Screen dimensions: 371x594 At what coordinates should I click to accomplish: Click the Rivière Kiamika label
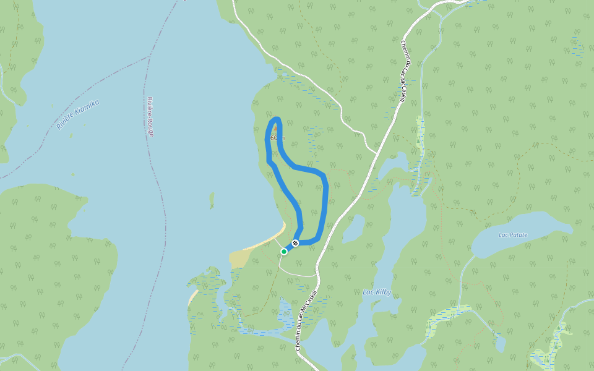point(78,114)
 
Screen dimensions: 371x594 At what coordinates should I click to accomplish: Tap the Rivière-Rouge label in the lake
point(150,116)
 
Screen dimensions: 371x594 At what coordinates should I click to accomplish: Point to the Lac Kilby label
point(377,292)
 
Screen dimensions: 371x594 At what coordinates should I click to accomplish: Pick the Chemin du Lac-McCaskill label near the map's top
point(406,71)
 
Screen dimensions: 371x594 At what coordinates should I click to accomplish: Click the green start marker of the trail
point(284,251)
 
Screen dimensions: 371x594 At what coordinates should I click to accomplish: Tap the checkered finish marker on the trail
point(296,243)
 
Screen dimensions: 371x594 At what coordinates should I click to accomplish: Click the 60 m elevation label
point(277,137)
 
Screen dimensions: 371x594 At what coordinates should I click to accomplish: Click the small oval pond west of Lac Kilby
point(353,229)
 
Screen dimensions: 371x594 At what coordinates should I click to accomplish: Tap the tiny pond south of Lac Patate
point(500,343)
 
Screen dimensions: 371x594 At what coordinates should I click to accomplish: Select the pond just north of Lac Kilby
point(394,163)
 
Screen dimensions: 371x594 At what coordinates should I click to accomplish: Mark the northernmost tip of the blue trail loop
point(276,118)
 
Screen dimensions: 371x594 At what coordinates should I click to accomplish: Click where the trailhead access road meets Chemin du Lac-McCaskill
point(317,274)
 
